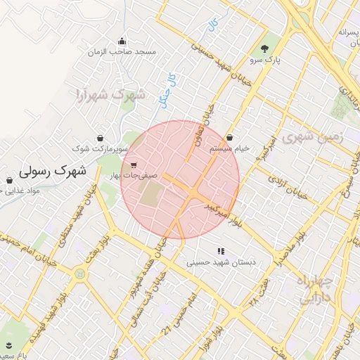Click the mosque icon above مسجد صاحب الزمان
122,40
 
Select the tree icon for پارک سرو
264,49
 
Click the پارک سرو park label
267,61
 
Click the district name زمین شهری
312,137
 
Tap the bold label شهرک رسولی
53,170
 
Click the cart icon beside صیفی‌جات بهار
133,165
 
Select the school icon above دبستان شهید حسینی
221,250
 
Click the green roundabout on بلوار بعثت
79,272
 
